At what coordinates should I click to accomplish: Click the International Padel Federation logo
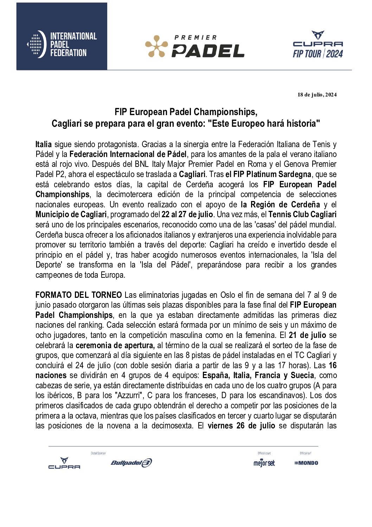tap(62, 44)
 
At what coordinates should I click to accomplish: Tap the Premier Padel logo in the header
tap(195, 46)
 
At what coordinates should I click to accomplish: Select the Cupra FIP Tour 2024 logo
tap(318, 44)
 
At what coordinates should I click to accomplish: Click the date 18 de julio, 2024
tap(317, 94)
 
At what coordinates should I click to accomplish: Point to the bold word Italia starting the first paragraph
tap(44, 144)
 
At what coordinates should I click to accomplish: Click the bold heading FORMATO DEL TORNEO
tap(79, 295)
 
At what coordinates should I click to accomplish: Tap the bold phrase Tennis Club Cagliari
tap(302, 214)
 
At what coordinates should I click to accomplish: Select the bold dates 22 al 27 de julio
tap(187, 214)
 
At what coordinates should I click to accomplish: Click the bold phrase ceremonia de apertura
tap(115, 345)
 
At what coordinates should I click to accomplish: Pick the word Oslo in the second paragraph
tap(227, 295)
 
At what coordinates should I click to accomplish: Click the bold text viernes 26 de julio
tap(241, 426)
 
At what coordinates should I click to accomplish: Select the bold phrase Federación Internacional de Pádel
tap(128, 154)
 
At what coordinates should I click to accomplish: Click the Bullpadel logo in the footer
tap(131, 463)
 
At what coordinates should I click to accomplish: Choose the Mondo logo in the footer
tap(306, 463)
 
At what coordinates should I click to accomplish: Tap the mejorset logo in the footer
tap(264, 463)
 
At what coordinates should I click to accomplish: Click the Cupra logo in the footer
tap(64, 463)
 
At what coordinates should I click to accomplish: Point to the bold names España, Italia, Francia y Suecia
tap(258, 375)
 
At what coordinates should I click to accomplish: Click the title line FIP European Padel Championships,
tap(186, 112)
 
